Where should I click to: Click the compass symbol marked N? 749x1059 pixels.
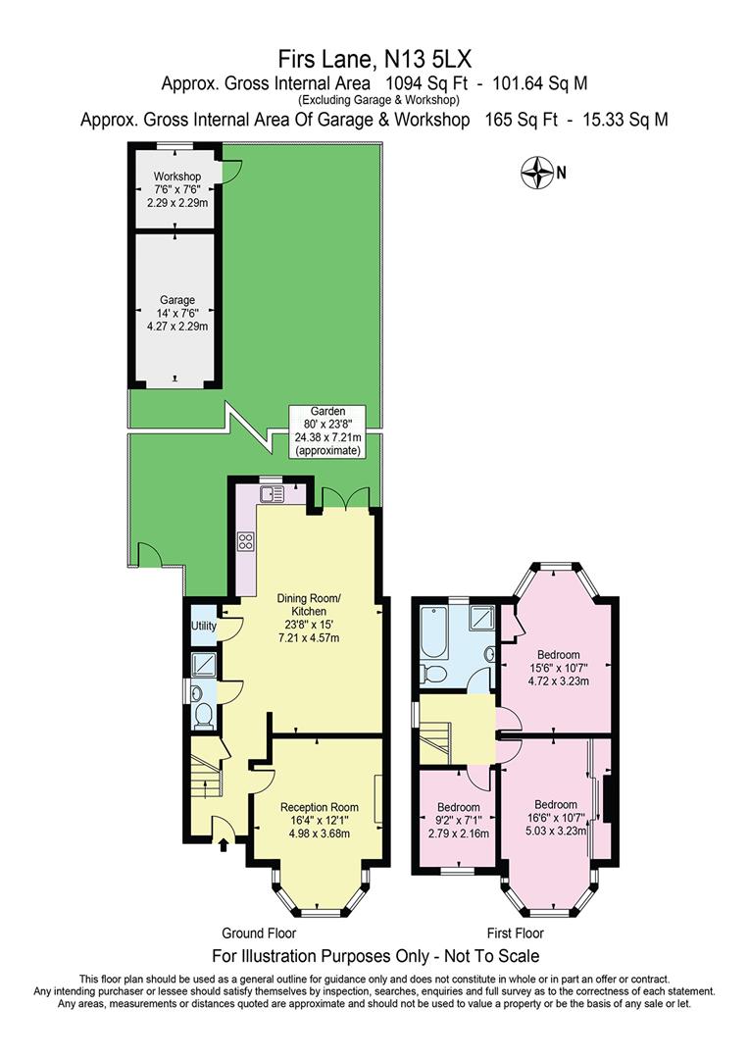click(x=538, y=174)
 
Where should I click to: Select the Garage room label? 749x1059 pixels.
click(x=176, y=313)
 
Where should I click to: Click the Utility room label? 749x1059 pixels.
click(x=203, y=625)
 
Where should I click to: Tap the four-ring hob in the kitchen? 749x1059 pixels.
click(x=245, y=540)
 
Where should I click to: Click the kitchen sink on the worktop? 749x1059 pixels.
click(x=271, y=493)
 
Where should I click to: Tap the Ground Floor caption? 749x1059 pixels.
click(x=255, y=933)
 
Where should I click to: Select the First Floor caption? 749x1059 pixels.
click(x=515, y=933)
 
